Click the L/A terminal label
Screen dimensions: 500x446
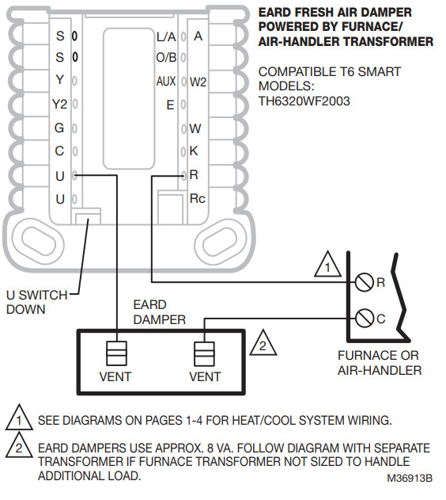point(165,36)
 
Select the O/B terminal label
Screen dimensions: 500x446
point(165,57)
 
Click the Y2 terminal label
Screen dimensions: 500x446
point(60,104)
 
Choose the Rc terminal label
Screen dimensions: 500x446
point(197,198)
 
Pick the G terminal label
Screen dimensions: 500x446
point(60,128)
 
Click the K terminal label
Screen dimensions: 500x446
point(195,151)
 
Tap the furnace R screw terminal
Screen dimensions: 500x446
point(365,281)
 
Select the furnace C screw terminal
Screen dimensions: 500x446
point(365,319)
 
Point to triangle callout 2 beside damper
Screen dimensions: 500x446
point(262,345)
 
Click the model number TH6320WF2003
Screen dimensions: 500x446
point(304,101)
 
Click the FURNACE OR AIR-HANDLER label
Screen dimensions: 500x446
point(378,363)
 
